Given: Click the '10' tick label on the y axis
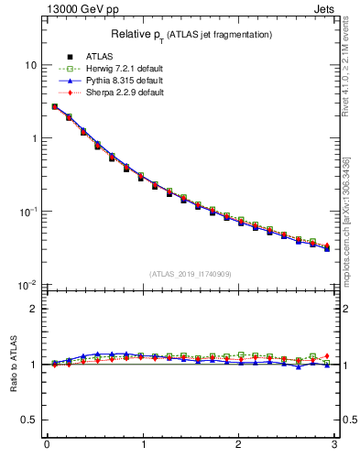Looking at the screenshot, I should pos(31,65).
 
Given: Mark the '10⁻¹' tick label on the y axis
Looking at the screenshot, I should pos(27,212).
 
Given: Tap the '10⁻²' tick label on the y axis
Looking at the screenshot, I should pos(27,285).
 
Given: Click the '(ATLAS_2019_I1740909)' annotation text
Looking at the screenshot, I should pos(191,274).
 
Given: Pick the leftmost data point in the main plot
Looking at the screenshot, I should pos(55,107).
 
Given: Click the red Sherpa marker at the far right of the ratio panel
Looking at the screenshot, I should pos(327,355).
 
